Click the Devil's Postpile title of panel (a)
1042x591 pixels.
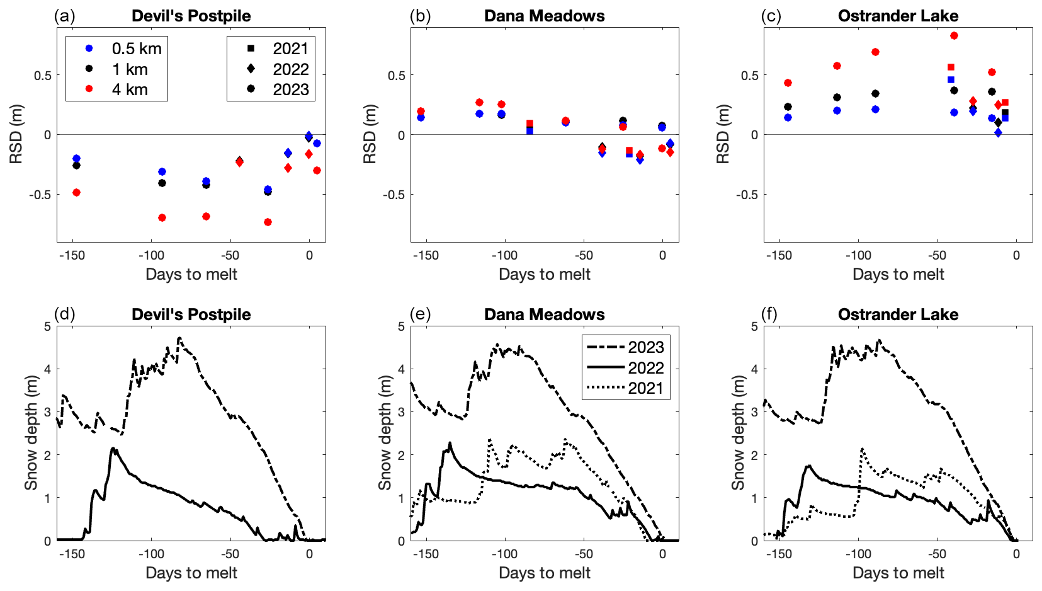[x=191, y=16]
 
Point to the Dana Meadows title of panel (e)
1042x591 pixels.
[x=544, y=314]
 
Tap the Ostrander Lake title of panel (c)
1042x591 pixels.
[x=898, y=16]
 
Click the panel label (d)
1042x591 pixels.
[x=64, y=314]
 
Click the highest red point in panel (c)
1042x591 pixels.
[x=954, y=36]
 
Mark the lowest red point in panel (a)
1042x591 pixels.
[x=268, y=222]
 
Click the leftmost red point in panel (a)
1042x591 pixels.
[x=76, y=192]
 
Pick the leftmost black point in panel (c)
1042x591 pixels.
[x=788, y=106]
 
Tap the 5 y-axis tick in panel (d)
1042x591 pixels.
[x=48, y=326]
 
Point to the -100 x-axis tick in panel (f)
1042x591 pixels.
[x=858, y=554]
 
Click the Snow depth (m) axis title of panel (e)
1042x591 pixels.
[x=384, y=432]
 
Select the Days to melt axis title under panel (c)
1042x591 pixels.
[x=898, y=274]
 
